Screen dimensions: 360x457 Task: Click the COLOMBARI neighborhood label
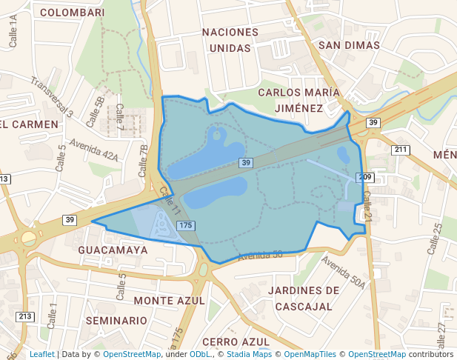point(72,12)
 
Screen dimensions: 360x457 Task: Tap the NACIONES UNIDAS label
point(230,40)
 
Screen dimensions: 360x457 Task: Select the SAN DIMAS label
point(349,45)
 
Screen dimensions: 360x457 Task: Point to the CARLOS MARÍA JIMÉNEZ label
point(298,100)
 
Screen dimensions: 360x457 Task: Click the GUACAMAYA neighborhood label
point(113,250)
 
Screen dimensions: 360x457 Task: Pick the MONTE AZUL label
point(170,300)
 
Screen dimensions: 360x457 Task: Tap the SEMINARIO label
point(116,321)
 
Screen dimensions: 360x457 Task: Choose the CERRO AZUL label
point(236,341)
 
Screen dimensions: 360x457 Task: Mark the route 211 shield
point(401,150)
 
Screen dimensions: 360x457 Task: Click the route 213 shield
point(25,317)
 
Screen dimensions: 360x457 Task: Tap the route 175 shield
point(186,225)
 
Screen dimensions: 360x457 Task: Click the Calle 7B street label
point(144,161)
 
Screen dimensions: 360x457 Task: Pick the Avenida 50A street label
point(344,273)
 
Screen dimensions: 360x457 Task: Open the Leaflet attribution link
point(41,354)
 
